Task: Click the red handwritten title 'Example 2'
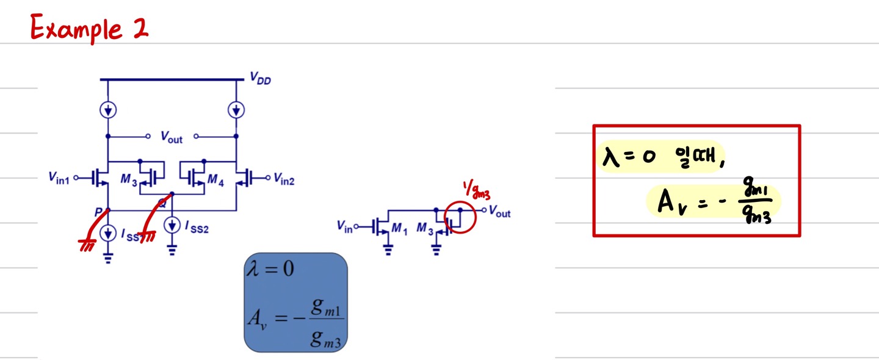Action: tap(89, 28)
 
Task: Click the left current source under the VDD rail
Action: tap(108, 110)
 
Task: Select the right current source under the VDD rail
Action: tap(236, 110)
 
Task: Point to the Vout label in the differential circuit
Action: tap(172, 138)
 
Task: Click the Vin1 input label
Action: tap(59, 178)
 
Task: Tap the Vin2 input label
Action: tap(284, 179)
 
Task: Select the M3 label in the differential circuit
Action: tap(128, 179)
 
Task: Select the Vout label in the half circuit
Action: tap(499, 213)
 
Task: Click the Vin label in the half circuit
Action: tap(345, 227)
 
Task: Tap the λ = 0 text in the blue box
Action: tap(270, 268)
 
